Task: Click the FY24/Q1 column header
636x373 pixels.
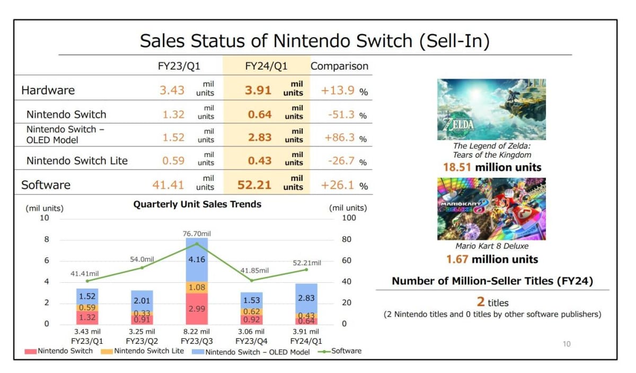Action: click(x=266, y=66)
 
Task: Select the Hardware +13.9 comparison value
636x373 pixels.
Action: click(x=338, y=90)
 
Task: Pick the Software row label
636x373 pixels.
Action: click(x=46, y=185)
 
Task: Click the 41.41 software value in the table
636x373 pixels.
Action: click(x=168, y=185)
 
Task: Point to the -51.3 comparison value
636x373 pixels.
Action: click(x=338, y=114)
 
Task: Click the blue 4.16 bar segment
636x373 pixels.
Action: click(x=196, y=260)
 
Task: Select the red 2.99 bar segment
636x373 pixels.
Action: click(x=196, y=308)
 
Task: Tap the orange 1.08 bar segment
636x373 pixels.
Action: click(x=196, y=287)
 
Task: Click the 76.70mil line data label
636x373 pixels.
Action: click(x=197, y=233)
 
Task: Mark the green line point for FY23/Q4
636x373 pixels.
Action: click(x=251, y=280)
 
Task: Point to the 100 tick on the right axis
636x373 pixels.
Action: click(x=349, y=218)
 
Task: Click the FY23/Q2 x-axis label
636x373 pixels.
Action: click(x=142, y=341)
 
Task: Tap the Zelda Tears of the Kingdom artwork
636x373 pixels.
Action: click(x=491, y=109)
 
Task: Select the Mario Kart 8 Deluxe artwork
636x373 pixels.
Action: click(x=491, y=209)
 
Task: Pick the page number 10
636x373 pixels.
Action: click(x=567, y=344)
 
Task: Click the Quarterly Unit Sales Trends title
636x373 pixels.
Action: click(x=197, y=204)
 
